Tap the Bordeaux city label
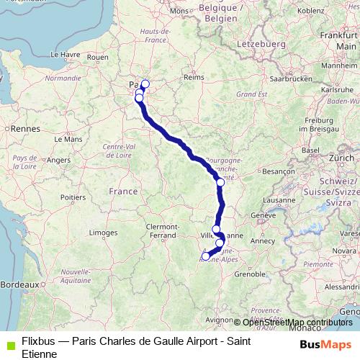(17, 285)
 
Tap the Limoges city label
(104, 233)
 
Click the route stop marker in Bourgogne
(220, 183)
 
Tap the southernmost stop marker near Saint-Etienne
(206, 256)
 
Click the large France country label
(122, 192)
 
